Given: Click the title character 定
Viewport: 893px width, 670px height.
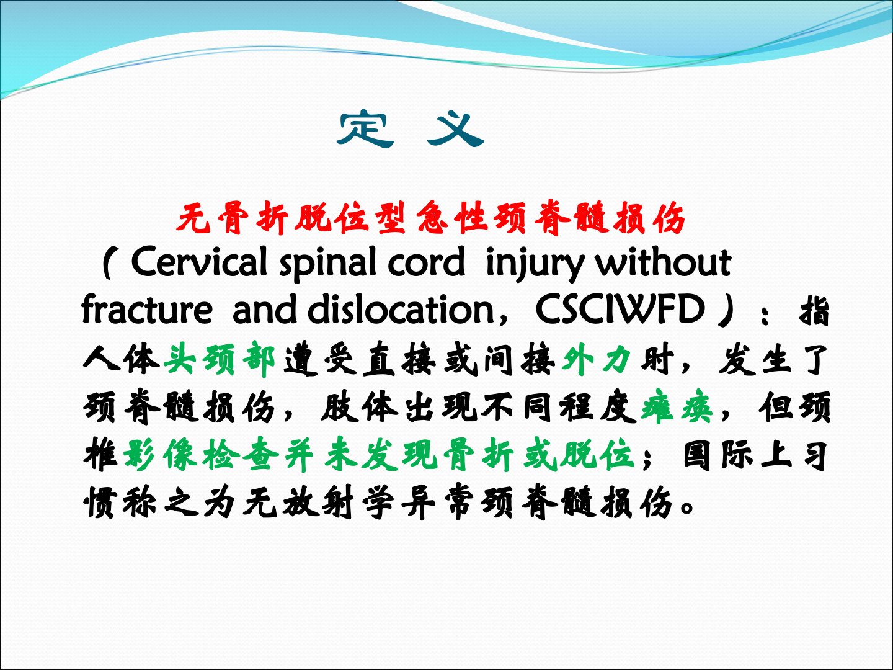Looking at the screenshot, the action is click(365, 130).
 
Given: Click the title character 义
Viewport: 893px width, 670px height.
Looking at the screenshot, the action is click(456, 130).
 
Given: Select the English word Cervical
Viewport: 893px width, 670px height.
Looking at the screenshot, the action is click(199, 262).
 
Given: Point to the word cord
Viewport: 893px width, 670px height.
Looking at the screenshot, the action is click(426, 262).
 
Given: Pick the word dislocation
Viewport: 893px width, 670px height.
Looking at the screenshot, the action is click(401, 309).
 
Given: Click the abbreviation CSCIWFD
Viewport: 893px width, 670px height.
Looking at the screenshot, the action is click(620, 309).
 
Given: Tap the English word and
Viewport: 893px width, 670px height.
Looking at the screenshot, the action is click(264, 309).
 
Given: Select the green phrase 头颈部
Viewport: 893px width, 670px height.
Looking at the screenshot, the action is click(220, 359).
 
